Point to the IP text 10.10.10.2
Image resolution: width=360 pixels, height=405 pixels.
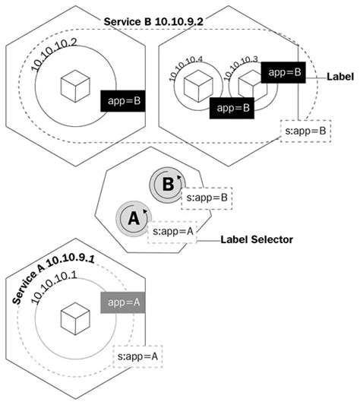click(x=55, y=55)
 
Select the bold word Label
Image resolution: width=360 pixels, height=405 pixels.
click(x=340, y=78)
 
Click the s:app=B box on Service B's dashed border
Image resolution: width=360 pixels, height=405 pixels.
click(x=304, y=131)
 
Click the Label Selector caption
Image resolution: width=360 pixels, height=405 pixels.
click(x=257, y=238)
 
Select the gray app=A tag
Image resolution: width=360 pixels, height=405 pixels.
click(x=122, y=303)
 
